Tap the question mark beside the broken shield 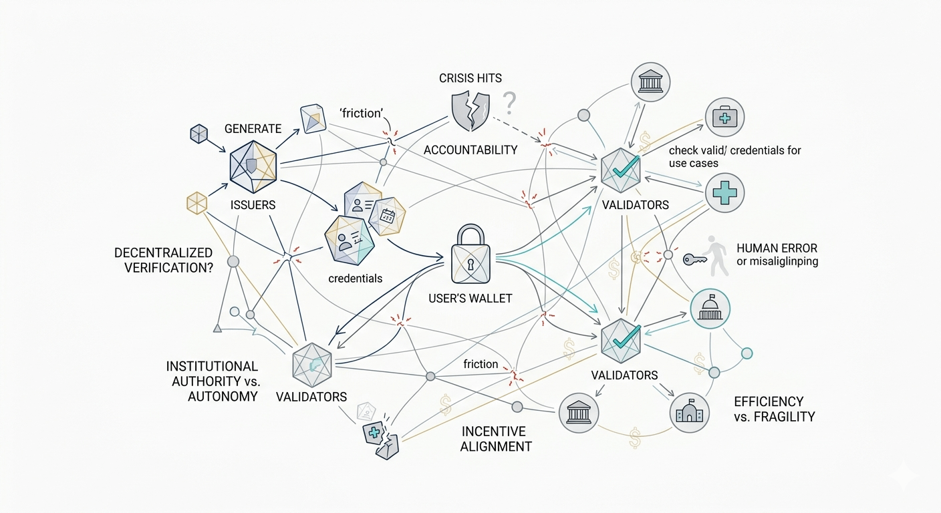510,104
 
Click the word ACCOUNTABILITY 470,150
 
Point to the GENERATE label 253,128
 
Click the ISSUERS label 253,205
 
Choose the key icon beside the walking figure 694,259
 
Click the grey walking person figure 718,255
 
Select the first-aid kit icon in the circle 724,118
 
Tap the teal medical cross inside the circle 724,193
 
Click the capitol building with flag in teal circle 710,309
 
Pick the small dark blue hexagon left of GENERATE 199,134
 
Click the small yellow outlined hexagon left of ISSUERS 196,202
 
